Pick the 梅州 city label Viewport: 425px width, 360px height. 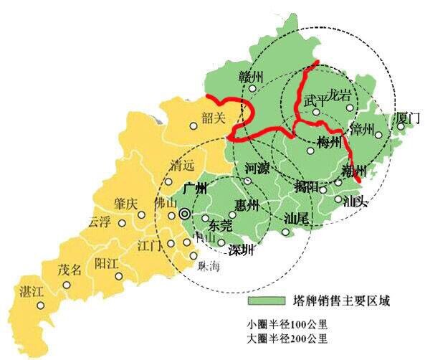329,142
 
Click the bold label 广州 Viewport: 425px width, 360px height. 194,189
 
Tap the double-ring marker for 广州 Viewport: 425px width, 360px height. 186,213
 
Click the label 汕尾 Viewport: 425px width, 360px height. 296,217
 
